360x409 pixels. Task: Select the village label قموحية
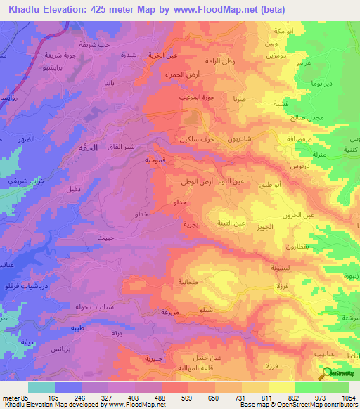(155, 160)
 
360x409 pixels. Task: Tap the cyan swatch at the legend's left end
(41, 387)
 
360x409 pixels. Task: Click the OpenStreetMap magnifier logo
(325, 373)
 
